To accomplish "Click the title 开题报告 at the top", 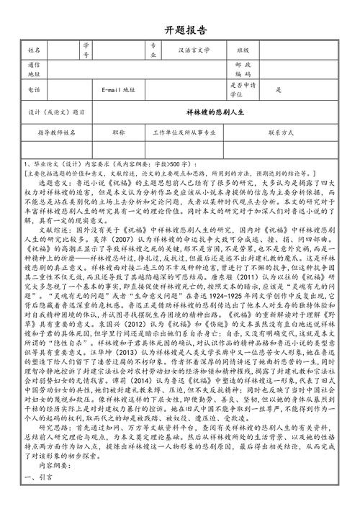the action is click(x=180, y=31).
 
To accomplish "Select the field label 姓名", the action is click(x=33, y=51).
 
